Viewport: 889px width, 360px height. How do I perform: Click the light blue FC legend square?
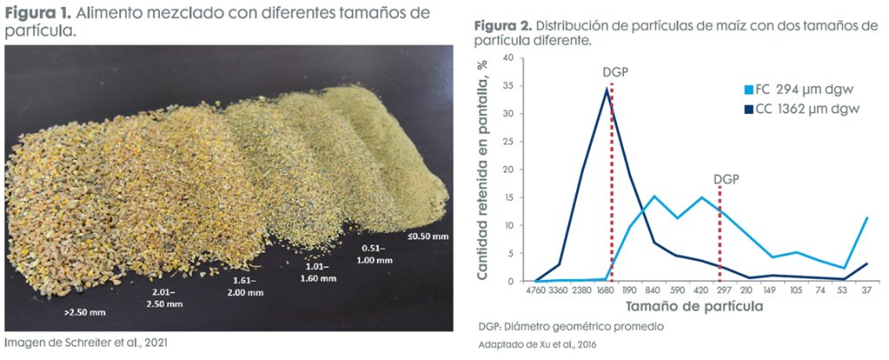[749, 90]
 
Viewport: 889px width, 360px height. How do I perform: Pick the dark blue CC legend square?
[749, 109]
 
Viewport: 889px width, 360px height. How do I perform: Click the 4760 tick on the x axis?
[536, 290]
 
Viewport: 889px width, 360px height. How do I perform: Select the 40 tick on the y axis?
[509, 58]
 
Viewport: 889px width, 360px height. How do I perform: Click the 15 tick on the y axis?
[509, 197]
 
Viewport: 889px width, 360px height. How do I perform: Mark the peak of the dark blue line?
[606, 88]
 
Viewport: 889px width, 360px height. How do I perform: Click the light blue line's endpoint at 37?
[867, 218]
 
